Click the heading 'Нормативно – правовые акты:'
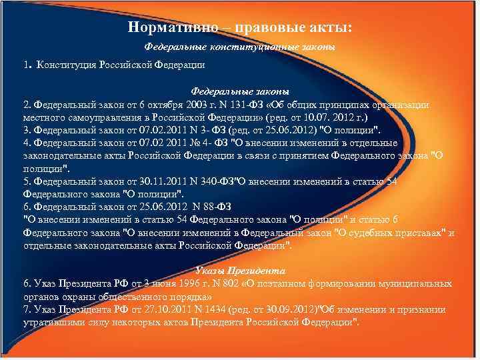(239, 27)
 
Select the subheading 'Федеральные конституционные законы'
(239, 47)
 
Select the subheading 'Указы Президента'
(239, 271)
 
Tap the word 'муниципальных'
(415, 284)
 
